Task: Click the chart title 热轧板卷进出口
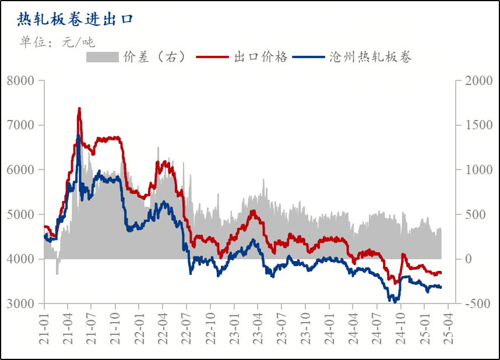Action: coord(75,19)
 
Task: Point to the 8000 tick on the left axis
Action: coord(23,80)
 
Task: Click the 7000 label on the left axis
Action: coord(23,125)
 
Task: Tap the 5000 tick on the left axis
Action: coord(23,214)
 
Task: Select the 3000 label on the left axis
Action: coord(23,303)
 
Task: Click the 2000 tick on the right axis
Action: coord(478,80)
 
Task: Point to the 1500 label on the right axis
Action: coord(478,125)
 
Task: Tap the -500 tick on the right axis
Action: coord(478,303)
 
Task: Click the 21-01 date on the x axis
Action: coord(44,329)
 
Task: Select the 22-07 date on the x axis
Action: coord(186,329)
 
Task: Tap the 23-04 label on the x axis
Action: coord(258,329)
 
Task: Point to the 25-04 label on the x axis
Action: coord(447,329)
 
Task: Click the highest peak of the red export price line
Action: coord(79,108)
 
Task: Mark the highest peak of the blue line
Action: coord(78,136)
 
